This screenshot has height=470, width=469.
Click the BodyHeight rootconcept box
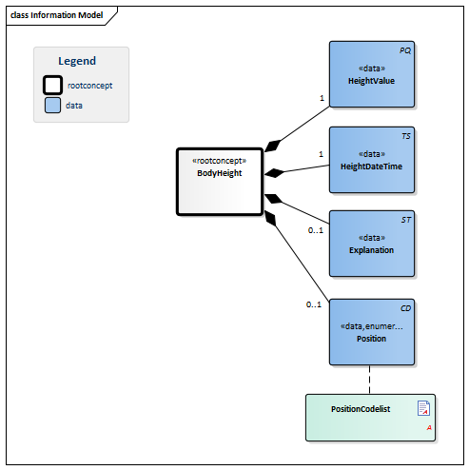(219, 181)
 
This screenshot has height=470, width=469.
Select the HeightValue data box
(372, 75)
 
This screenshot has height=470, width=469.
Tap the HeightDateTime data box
(372, 160)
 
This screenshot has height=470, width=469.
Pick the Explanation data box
(372, 244)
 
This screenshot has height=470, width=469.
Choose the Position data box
(372, 332)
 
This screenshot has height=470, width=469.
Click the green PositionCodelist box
(370, 417)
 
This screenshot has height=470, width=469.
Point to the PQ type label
(405, 49)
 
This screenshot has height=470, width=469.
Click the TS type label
(406, 135)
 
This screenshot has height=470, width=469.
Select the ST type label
(406, 219)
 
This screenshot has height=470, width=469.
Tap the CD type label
(405, 307)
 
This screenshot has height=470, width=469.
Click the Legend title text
(77, 61)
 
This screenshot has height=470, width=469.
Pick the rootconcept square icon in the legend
(53, 85)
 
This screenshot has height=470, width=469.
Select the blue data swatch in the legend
(53, 105)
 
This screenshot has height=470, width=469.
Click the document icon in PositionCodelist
(424, 408)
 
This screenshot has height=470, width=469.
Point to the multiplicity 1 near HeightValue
(322, 98)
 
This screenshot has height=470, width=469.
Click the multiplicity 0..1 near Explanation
(315, 230)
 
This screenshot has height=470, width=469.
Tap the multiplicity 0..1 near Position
(314, 304)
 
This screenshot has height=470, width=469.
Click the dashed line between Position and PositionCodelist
(371, 380)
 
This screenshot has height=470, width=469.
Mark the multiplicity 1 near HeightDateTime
(322, 154)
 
